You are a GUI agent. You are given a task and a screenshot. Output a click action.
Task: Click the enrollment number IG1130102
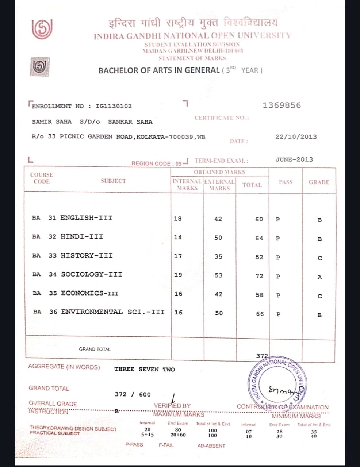[x=114, y=106]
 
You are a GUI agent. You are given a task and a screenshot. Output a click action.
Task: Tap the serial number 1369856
[x=282, y=105]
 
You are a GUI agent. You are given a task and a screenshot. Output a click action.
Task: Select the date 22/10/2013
[x=296, y=137]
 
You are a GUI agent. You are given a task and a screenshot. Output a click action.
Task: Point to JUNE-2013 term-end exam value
[x=294, y=159]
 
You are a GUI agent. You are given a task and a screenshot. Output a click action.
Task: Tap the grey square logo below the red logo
[x=39, y=66]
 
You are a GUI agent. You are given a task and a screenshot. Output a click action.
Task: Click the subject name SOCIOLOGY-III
[x=91, y=274]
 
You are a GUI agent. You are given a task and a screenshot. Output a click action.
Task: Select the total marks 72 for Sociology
[x=259, y=276]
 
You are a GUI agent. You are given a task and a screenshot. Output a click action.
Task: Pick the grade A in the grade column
[x=319, y=277]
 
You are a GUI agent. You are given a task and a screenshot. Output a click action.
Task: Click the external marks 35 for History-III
[x=218, y=257]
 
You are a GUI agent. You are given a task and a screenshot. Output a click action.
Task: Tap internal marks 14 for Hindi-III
[x=178, y=238]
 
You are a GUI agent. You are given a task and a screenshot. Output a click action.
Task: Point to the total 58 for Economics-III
[x=259, y=295]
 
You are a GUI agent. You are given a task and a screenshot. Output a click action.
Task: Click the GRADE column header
[x=319, y=182]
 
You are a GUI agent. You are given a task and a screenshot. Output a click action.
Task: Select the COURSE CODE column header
[x=41, y=178]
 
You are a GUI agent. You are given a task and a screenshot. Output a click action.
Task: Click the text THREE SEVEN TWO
[x=145, y=369]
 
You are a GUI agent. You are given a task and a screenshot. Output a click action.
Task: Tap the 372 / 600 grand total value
[x=133, y=394]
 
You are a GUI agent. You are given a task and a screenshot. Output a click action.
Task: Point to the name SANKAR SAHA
[x=130, y=122]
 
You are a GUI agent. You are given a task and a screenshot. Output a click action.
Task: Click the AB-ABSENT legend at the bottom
[x=211, y=445]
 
